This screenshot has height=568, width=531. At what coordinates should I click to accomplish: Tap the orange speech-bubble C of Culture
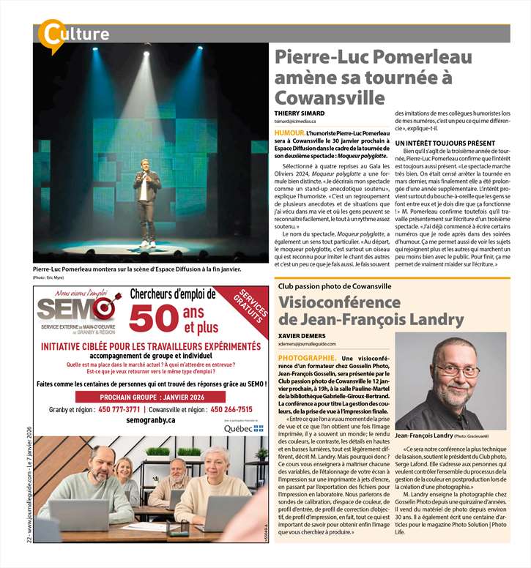click(51, 34)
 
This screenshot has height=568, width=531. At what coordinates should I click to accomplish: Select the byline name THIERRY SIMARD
click(300, 114)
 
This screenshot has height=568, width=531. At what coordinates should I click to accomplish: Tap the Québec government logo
click(243, 427)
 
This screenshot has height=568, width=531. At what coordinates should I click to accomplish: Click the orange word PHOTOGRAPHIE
click(307, 357)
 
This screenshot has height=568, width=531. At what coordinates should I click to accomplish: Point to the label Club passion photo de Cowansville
click(336, 286)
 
